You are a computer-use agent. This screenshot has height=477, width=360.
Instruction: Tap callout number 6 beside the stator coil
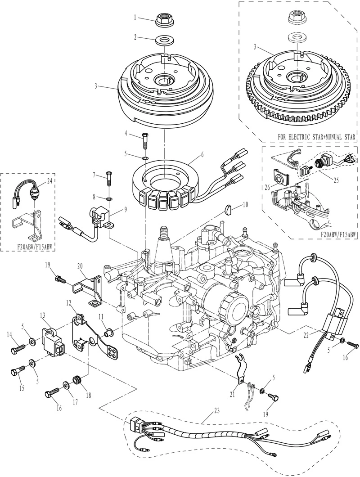pos(202,154)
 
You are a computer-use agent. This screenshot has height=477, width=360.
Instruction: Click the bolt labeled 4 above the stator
pos(145,140)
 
